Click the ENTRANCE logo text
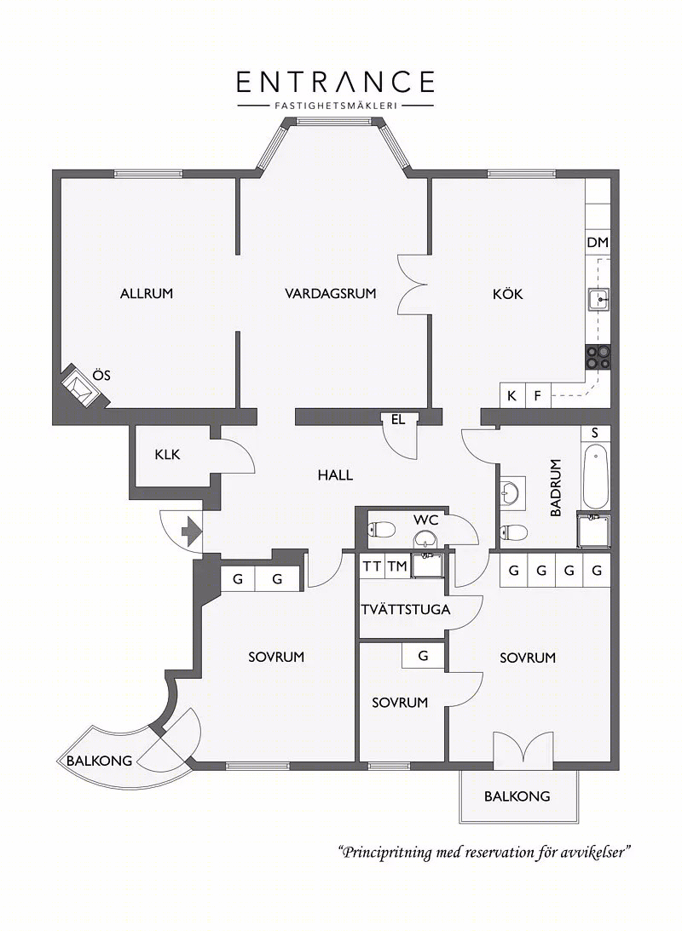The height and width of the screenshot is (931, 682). [x=336, y=82]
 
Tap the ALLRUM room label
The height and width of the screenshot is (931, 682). [x=146, y=293]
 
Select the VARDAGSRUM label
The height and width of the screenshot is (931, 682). [x=330, y=293]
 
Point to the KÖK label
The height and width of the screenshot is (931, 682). [x=508, y=293]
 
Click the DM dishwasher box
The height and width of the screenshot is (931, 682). [x=598, y=242]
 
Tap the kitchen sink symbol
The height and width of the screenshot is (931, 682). [x=598, y=300]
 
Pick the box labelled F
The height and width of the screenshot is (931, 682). [x=538, y=395]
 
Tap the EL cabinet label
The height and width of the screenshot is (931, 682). [x=398, y=420]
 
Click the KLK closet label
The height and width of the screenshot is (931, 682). [x=167, y=455]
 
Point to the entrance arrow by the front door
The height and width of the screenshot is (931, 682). [x=190, y=530]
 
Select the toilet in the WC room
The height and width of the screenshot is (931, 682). [x=382, y=528]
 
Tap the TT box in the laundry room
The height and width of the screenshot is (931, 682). [x=373, y=566]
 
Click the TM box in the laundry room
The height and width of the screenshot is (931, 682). [x=397, y=566]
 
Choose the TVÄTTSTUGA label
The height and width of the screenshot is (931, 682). [x=406, y=610]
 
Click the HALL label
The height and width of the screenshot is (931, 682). [x=335, y=475]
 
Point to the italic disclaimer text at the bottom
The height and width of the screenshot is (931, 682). [x=484, y=853]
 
